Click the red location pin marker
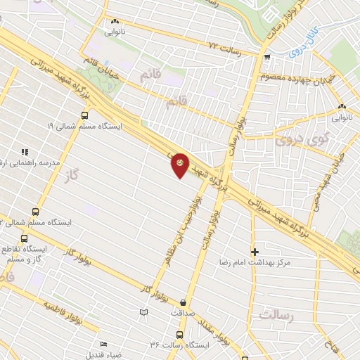tap(180, 165)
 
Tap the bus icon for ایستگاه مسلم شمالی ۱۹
tap(85, 115)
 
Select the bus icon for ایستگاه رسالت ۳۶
tap(179, 335)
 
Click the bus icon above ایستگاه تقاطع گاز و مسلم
tap(36, 212)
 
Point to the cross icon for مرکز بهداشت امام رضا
tap(255, 251)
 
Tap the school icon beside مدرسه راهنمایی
tap(25, 151)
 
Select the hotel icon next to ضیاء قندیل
tap(104, 345)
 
